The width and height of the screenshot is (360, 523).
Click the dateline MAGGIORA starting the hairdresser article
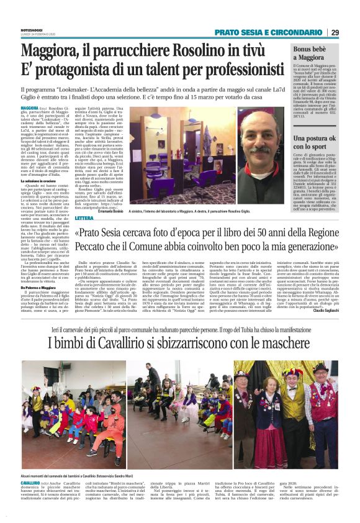(30, 107)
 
